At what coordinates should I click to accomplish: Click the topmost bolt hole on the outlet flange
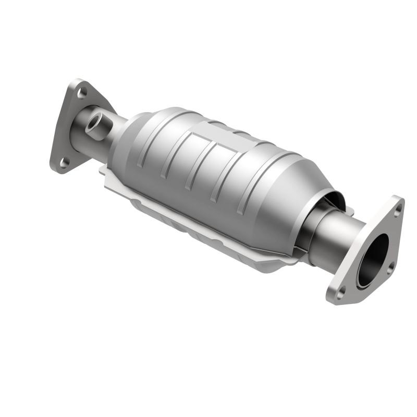tap(398, 211)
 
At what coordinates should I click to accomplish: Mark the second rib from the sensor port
tap(175, 156)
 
